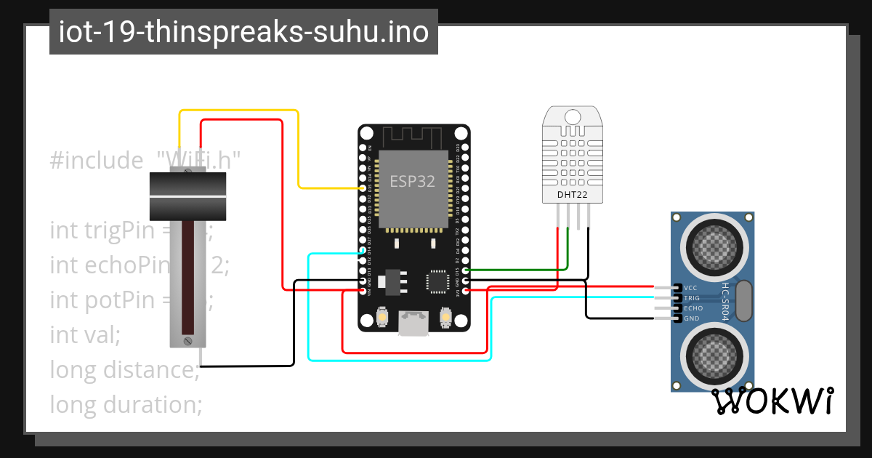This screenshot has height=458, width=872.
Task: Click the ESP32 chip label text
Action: point(413,181)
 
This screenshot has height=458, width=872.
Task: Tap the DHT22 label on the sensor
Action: point(572,194)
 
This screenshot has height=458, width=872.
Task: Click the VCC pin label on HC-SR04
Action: point(691,288)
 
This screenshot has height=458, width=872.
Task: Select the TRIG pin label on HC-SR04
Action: point(692,298)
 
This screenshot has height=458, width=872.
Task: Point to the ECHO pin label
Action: point(693,308)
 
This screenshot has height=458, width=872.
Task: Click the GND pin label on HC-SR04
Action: point(691,318)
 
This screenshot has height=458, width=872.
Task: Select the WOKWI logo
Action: point(771,401)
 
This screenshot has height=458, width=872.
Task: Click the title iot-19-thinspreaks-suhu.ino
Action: point(243,32)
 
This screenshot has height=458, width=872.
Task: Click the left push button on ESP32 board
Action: point(382,318)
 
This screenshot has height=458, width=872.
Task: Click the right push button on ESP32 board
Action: point(446,318)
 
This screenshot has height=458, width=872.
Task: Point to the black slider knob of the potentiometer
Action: point(187,196)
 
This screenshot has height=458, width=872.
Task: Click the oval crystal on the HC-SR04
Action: point(745,302)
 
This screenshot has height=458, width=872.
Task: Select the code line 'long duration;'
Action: point(126,404)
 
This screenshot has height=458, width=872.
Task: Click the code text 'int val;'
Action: point(85,334)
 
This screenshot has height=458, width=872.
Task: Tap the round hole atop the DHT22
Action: point(573,116)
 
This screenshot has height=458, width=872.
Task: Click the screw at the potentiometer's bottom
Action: point(187,340)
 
